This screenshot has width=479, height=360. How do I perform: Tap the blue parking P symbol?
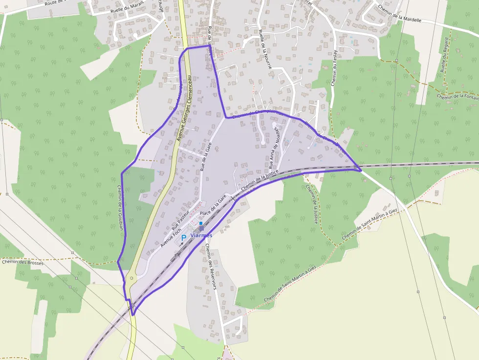[x=184, y=238]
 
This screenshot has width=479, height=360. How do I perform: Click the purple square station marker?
[x=201, y=228]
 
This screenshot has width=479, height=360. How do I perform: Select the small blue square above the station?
[x=200, y=223]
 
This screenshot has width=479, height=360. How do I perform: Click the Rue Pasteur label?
[x=180, y=220]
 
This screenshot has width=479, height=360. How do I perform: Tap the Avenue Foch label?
[x=171, y=236]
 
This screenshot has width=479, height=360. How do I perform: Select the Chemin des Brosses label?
[x=22, y=262]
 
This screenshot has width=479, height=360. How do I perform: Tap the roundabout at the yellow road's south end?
[x=131, y=278]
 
